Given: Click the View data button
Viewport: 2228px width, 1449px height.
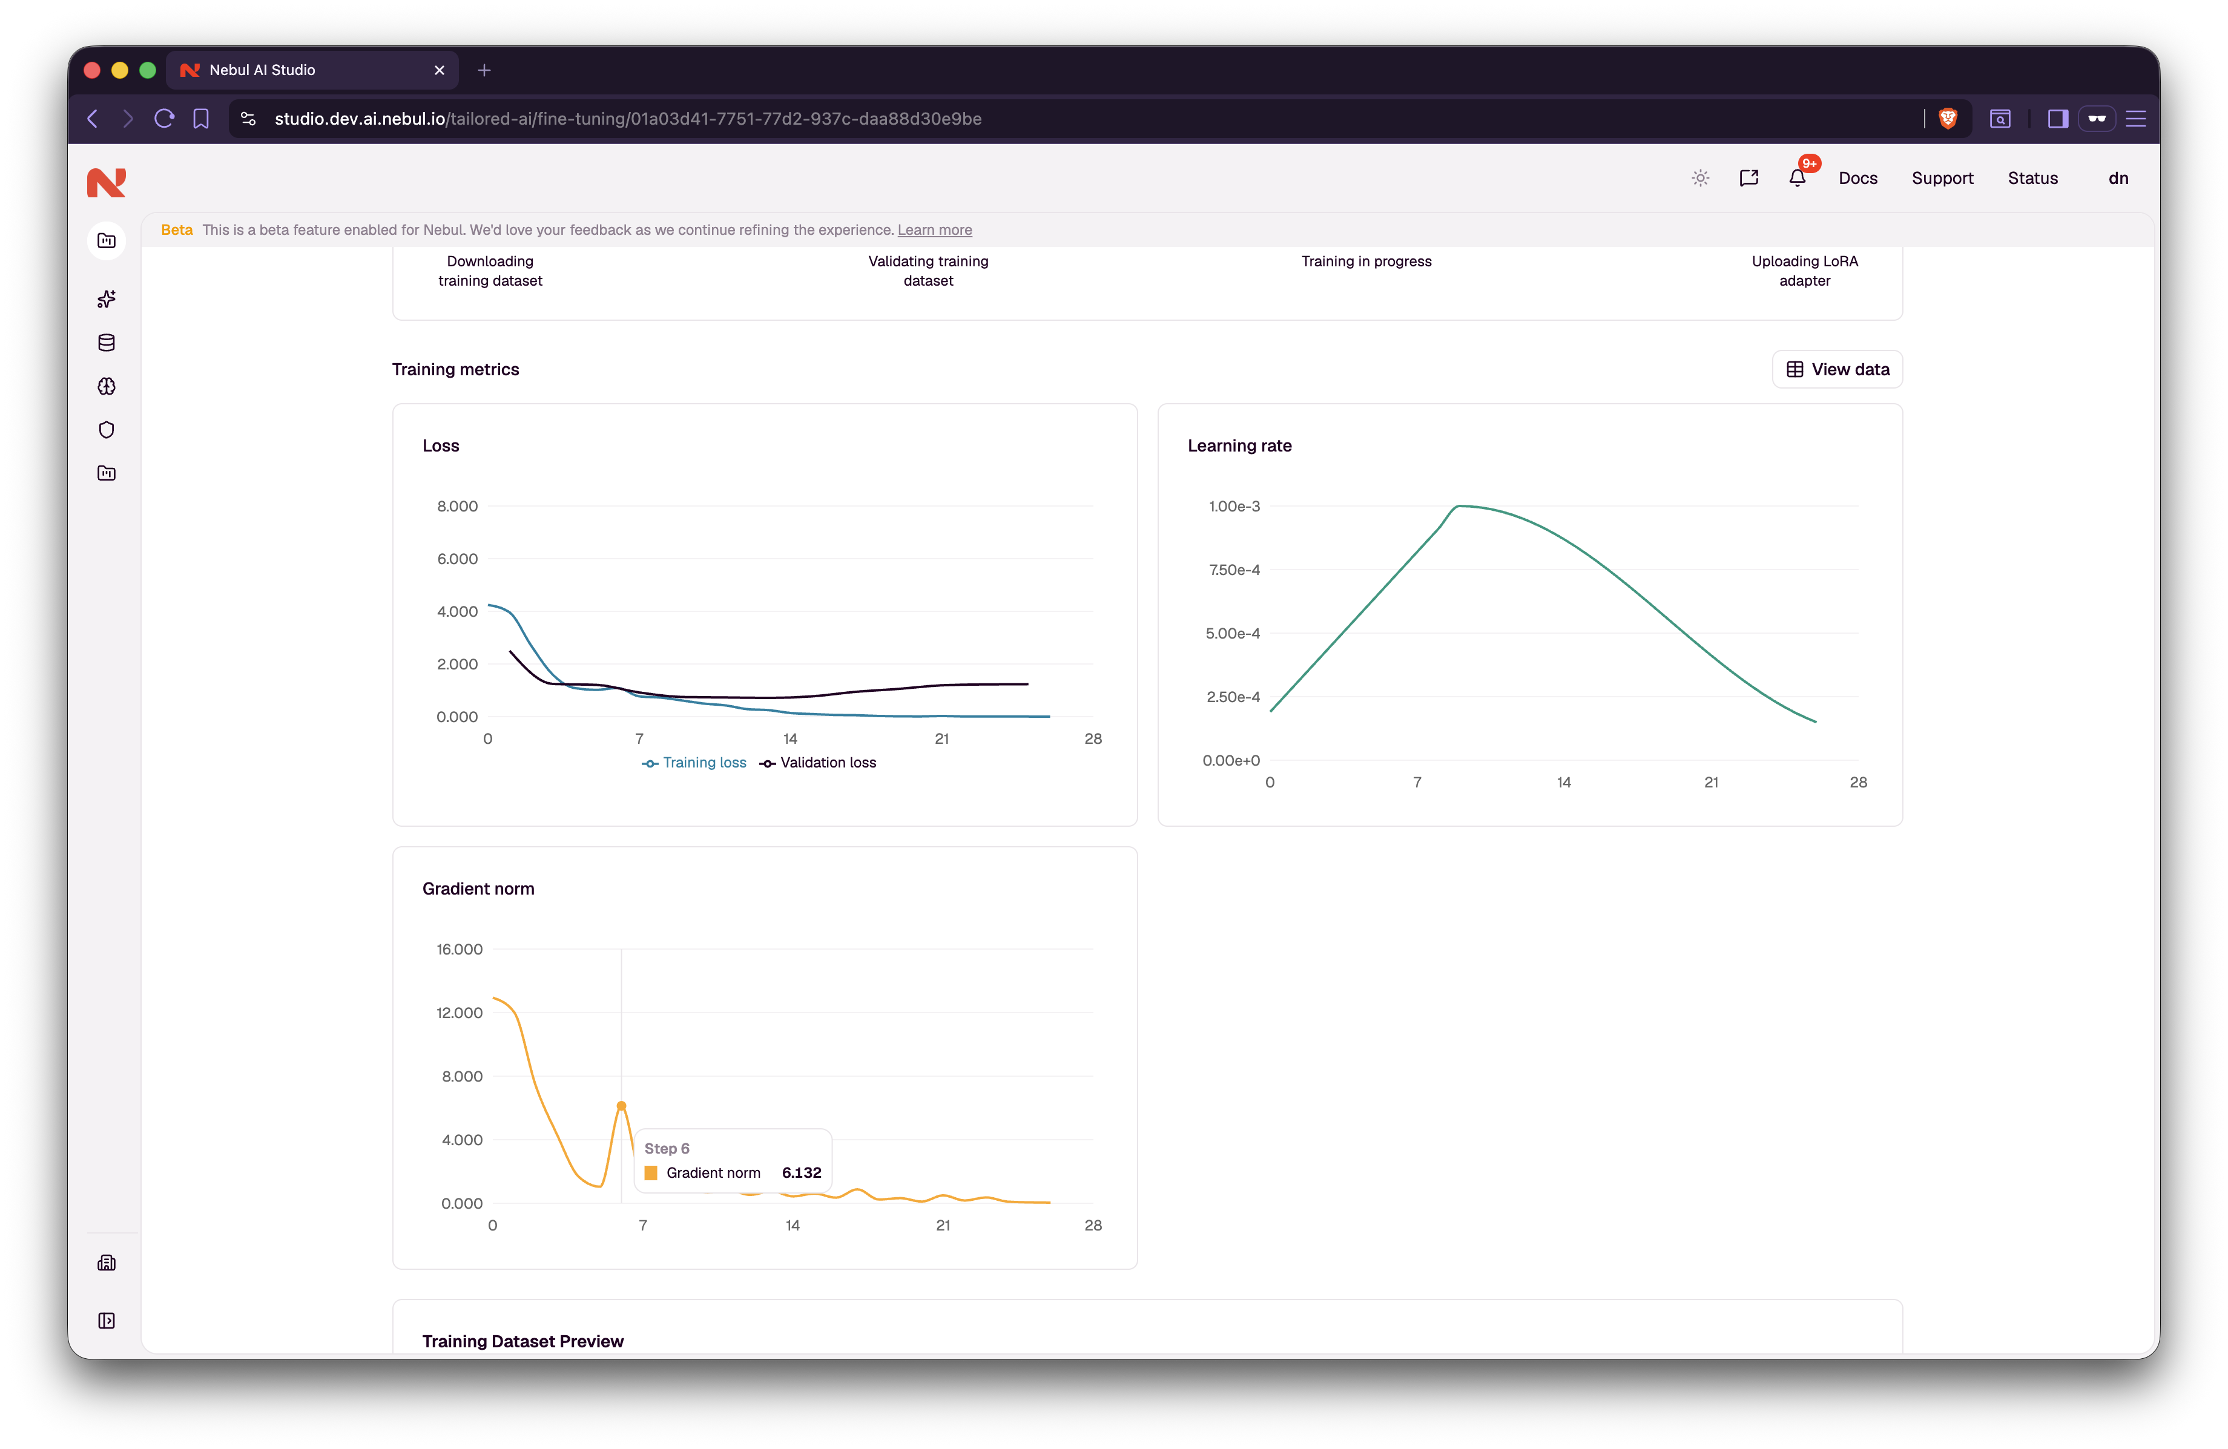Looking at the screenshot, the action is click(x=1837, y=370).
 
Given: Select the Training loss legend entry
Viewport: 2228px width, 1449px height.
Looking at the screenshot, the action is click(x=694, y=763).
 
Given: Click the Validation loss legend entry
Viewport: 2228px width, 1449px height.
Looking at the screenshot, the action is click(x=817, y=763).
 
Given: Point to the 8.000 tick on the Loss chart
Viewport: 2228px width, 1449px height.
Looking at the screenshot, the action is click(x=457, y=507).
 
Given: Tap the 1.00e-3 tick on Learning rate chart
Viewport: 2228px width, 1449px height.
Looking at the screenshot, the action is click(x=1234, y=507).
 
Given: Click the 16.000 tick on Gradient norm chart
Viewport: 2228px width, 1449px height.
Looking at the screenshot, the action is click(x=460, y=949).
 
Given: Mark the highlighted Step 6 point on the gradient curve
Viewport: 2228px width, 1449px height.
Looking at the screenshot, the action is click(x=622, y=1105).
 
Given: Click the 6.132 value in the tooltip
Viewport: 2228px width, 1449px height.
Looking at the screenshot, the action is click(x=802, y=1173).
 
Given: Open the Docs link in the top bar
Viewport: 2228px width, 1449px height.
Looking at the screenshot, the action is click(x=1857, y=178).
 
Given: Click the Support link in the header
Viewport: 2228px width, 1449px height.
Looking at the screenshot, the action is click(x=1942, y=178).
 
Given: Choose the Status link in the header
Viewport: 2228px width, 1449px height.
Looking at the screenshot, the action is click(x=2032, y=178).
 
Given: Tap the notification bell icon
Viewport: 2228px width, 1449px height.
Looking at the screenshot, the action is click(x=1796, y=178).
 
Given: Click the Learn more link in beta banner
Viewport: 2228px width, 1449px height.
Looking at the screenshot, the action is click(x=934, y=230).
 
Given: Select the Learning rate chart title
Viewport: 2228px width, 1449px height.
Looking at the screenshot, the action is click(x=1239, y=445).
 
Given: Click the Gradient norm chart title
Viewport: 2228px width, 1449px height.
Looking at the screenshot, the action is click(x=478, y=889).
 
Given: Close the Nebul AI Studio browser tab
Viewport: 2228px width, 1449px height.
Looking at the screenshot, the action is click(x=439, y=70).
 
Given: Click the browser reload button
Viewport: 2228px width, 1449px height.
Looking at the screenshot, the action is click(x=164, y=119).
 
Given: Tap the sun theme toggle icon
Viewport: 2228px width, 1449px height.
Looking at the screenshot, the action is click(x=1700, y=178).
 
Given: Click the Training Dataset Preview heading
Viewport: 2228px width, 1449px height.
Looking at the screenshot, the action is click(x=522, y=1341).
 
